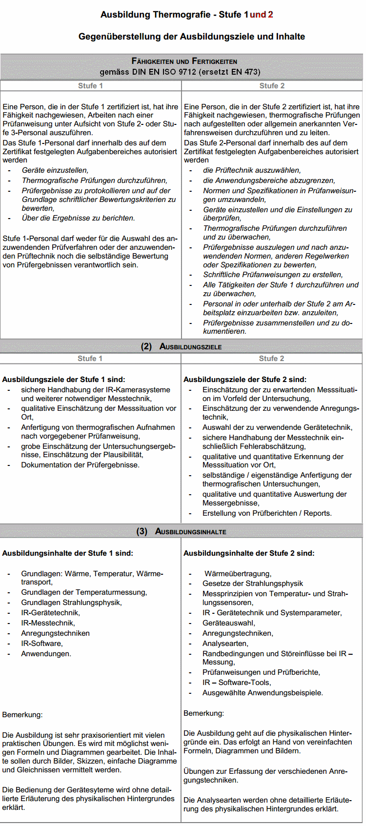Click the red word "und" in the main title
[258, 15]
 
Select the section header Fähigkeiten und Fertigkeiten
[184, 61]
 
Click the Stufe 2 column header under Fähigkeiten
[272, 86]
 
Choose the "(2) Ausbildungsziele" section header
[181, 346]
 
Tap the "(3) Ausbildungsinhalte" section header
[181, 531]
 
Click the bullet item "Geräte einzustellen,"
[55, 170]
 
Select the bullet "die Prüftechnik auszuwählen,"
[252, 170]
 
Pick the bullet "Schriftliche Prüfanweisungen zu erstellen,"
[273, 275]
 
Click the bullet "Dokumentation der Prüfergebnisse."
[80, 465]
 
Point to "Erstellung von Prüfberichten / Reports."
[267, 513]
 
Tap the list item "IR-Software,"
[42, 644]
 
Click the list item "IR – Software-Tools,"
[237, 683]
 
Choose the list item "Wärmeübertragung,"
[238, 574]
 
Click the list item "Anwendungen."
[46, 654]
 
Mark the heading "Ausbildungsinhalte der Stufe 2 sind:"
[249, 553]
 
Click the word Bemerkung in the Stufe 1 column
[22, 715]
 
